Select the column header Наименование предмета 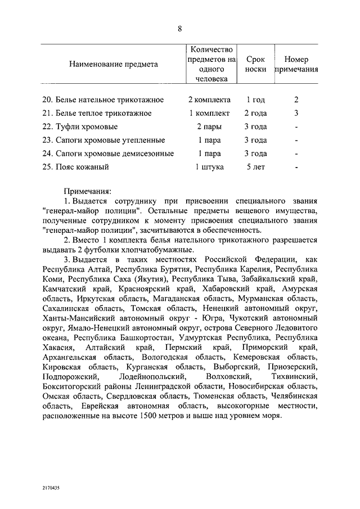114,64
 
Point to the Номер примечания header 296,64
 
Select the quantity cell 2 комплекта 209,100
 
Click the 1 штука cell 209,167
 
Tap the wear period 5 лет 255,167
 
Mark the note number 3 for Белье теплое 296,113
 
